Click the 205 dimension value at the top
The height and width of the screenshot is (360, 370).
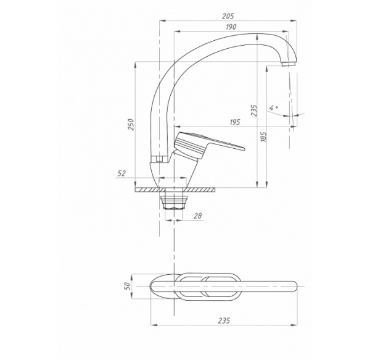click(x=228, y=16)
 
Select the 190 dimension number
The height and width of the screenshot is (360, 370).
click(x=231, y=27)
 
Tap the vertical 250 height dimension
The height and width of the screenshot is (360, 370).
click(x=131, y=124)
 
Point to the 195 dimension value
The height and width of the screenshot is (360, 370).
click(x=234, y=122)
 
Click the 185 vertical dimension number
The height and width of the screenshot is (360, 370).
click(x=263, y=136)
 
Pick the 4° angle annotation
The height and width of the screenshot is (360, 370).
click(x=273, y=107)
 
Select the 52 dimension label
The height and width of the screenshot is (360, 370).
click(x=121, y=174)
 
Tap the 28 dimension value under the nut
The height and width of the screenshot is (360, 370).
click(x=198, y=216)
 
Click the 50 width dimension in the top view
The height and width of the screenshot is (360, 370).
click(x=127, y=286)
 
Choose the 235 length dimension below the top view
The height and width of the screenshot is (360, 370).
click(x=224, y=320)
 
